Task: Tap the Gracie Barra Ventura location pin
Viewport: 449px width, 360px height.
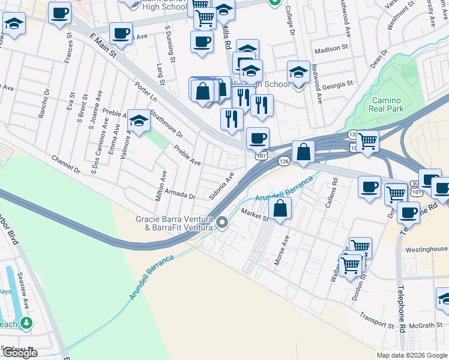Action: pyautogui.click(x=222, y=223)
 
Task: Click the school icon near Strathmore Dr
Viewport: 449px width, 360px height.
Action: pyautogui.click(x=139, y=121)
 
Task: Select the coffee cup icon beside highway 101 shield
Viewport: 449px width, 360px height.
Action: pyautogui.click(x=258, y=139)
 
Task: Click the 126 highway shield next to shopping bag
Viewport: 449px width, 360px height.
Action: pyautogui.click(x=284, y=161)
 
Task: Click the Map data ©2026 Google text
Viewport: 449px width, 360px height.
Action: pyautogui.click(x=412, y=355)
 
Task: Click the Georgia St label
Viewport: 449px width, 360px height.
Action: pyautogui.click(x=337, y=86)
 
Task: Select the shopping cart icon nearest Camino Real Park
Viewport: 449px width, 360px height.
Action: pyautogui.click(x=367, y=141)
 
